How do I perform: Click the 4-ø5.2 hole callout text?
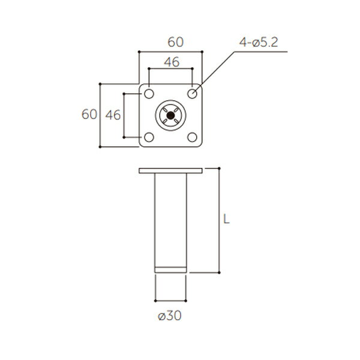coord(259,42)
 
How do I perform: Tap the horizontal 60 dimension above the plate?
coord(176,42)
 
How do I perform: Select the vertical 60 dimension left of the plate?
coord(89,115)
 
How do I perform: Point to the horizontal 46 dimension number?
coord(172,62)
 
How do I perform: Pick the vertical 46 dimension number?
coord(113,115)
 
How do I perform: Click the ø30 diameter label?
coord(170,316)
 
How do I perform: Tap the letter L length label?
coord(226,219)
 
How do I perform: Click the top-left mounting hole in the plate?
coord(149,94)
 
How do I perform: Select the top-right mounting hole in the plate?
coord(192,94)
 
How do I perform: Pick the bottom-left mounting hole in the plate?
coord(149,137)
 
